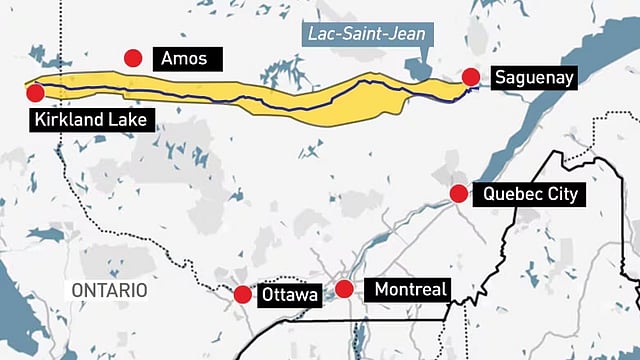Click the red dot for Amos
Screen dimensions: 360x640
point(132,59)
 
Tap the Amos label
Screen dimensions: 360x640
point(183,59)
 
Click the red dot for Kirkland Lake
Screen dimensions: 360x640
point(36,93)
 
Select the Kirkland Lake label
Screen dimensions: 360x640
point(90,121)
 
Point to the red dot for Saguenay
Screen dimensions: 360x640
point(469,76)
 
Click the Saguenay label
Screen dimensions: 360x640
point(536,77)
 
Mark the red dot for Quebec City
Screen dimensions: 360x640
point(458,193)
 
